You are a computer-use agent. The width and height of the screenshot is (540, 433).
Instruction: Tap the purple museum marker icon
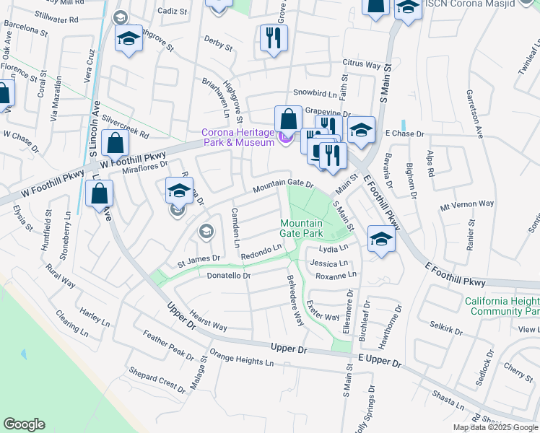[x=284, y=141]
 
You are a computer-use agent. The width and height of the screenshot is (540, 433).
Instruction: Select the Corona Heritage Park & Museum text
[x=238, y=137]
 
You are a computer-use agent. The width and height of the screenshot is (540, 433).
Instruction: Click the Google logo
[x=24, y=424]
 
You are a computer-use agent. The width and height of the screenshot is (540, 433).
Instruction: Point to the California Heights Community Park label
[x=502, y=307]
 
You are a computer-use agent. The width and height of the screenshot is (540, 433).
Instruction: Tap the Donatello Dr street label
[x=228, y=276]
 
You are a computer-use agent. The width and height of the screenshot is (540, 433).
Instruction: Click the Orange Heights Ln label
[x=242, y=358]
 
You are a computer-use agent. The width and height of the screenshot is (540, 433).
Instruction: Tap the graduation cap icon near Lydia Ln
[x=381, y=239]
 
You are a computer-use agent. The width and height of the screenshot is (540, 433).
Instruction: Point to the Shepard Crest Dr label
[x=157, y=380]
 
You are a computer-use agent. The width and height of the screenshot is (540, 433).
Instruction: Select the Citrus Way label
[x=361, y=65]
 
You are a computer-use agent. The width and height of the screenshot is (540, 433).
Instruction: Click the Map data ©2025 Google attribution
[x=495, y=427]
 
